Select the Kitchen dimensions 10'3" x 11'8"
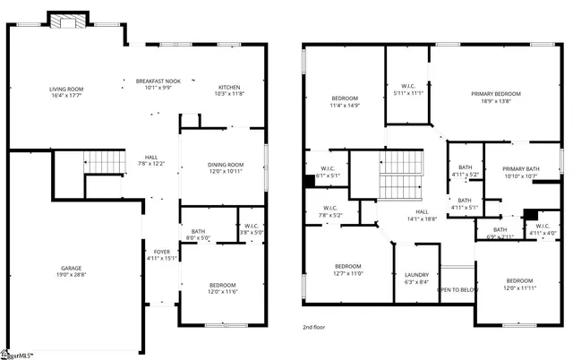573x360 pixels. coord(228,94)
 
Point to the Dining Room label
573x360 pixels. coord(225,164)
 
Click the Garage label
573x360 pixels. coord(72,267)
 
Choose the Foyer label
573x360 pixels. coord(161,252)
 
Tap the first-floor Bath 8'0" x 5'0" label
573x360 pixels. coord(198,233)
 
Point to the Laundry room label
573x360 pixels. coord(416,275)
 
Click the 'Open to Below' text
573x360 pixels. coord(457,290)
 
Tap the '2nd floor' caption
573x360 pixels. coord(314,328)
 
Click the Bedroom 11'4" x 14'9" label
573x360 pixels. coord(345,98)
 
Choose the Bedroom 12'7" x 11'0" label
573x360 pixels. coord(348,266)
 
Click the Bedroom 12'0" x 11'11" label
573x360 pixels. coord(518,280)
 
